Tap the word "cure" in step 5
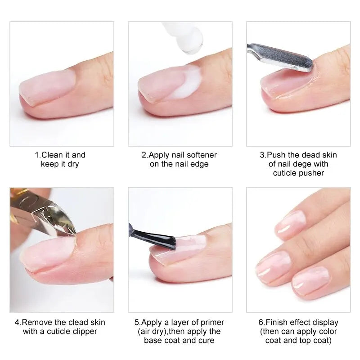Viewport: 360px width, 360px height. (x=206, y=341)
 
